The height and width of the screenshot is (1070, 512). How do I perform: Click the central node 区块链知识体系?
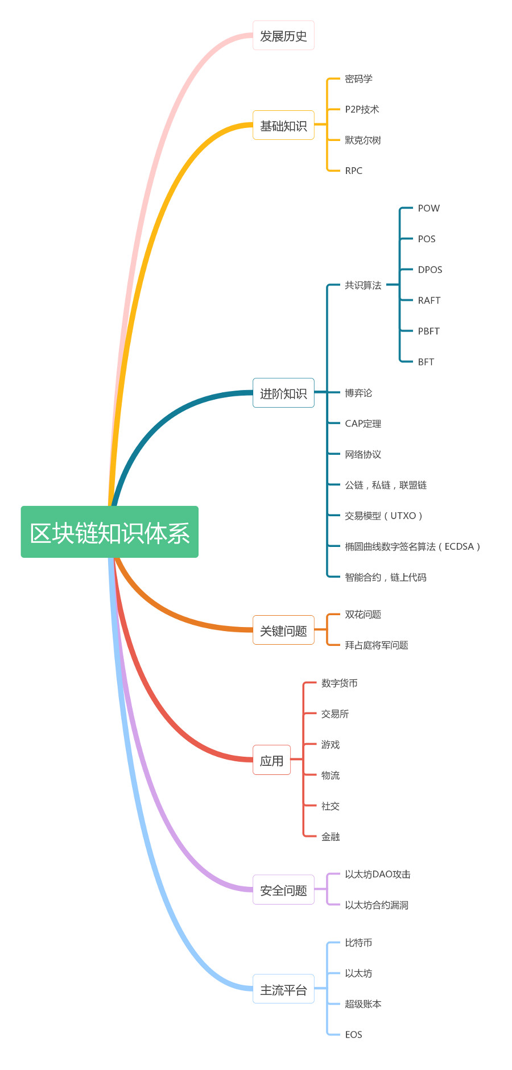110,532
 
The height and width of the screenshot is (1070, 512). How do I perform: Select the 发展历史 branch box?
283,36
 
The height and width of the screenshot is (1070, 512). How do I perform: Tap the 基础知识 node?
283,126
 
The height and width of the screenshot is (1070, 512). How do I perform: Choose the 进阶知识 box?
283,393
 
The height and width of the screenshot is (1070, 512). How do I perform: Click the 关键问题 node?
283,631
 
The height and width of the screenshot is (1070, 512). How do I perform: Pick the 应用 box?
271,760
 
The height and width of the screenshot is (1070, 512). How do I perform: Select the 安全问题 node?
283,890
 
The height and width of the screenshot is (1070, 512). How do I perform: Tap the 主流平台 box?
283,990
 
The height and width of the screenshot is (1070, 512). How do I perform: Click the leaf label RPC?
353,171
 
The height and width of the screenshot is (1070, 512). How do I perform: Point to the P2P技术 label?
362,109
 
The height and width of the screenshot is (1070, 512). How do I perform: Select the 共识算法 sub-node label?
363,285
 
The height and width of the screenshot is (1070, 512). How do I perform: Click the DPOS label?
430,269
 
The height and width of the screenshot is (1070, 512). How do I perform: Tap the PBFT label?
428,331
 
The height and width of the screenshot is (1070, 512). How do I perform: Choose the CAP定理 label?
363,424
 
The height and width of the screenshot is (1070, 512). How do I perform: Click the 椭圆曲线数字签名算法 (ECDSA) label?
412,546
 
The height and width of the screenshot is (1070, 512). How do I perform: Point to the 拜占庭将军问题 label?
376,645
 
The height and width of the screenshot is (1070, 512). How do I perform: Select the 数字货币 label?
339,683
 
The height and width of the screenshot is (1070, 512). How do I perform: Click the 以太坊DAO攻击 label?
377,874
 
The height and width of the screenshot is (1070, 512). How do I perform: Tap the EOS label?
353,1034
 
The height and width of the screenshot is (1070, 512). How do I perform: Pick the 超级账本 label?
363,1003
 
